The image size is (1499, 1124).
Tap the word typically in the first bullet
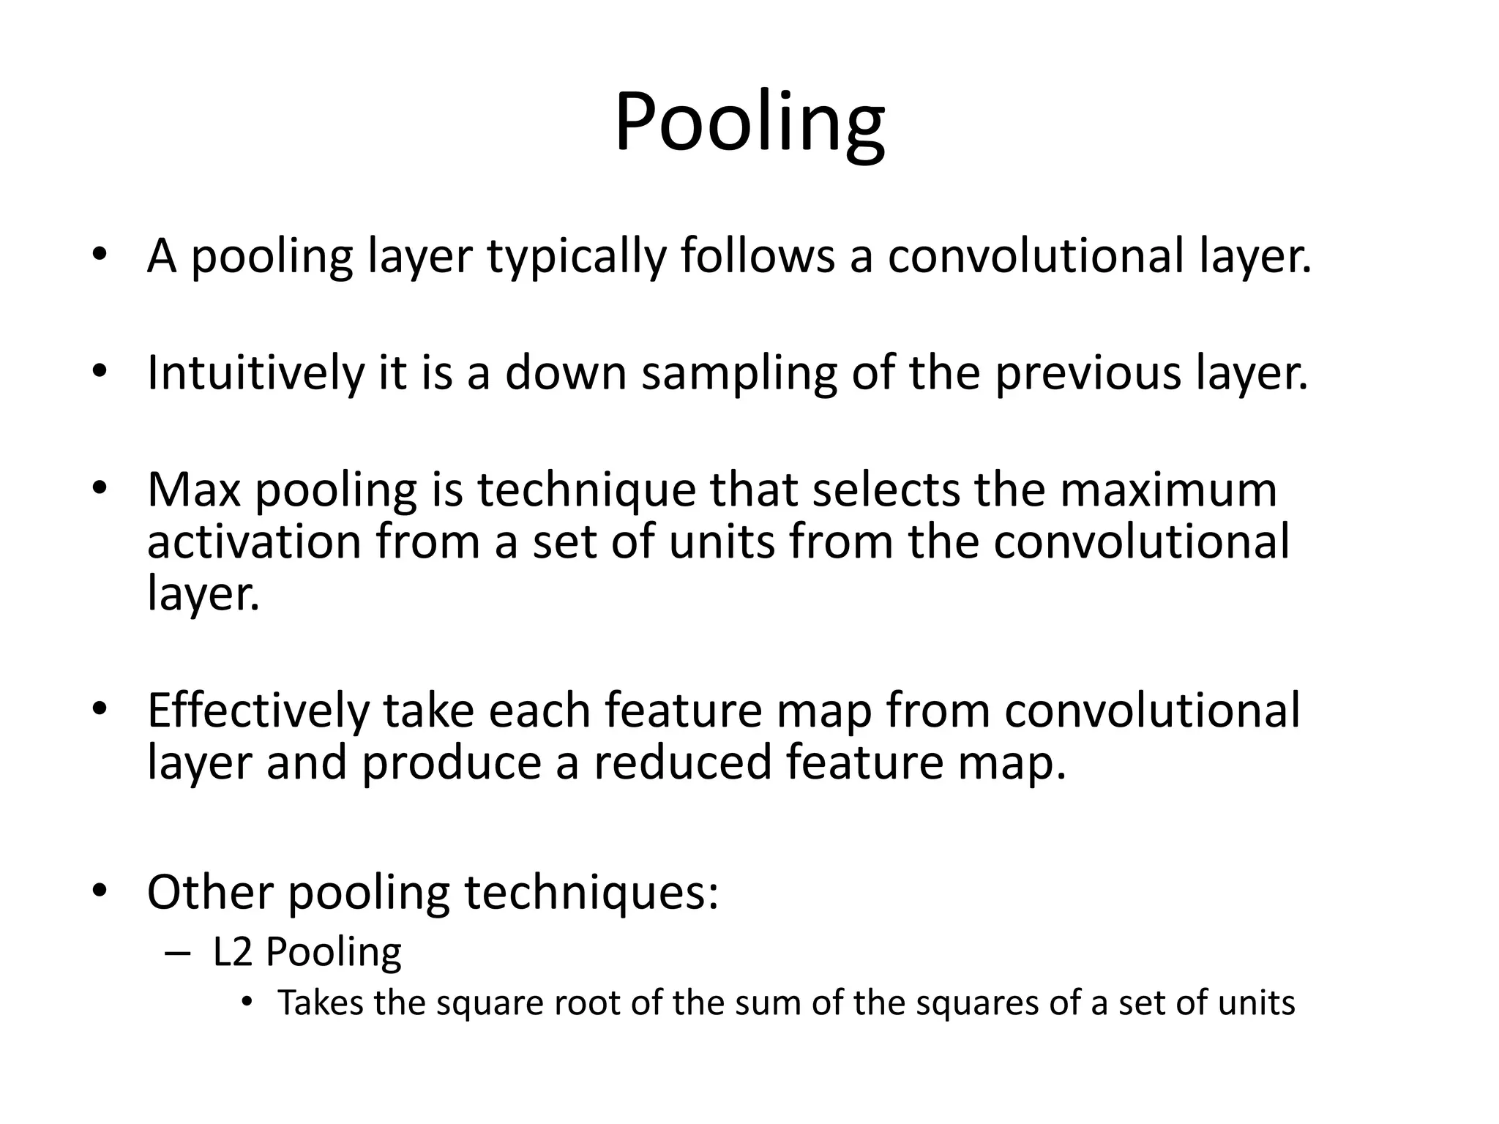[576, 258]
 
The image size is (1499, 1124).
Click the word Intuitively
[255, 373]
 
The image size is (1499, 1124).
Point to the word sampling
[739, 375]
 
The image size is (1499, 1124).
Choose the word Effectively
[258, 711]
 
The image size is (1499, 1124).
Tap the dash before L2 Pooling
[177, 953]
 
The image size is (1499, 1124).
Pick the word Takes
[320, 1003]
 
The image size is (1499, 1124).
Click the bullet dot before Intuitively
[100, 371]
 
